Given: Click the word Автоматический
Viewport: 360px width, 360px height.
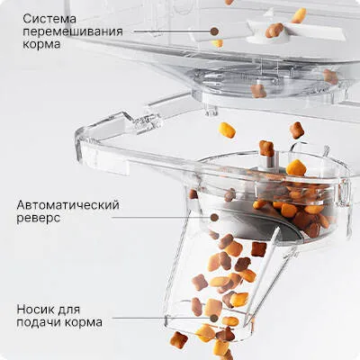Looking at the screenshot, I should point(67,205).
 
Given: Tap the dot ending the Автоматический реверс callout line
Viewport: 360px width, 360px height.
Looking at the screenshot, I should point(213,217).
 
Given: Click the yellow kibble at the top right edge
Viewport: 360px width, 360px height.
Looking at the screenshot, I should point(298,15).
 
